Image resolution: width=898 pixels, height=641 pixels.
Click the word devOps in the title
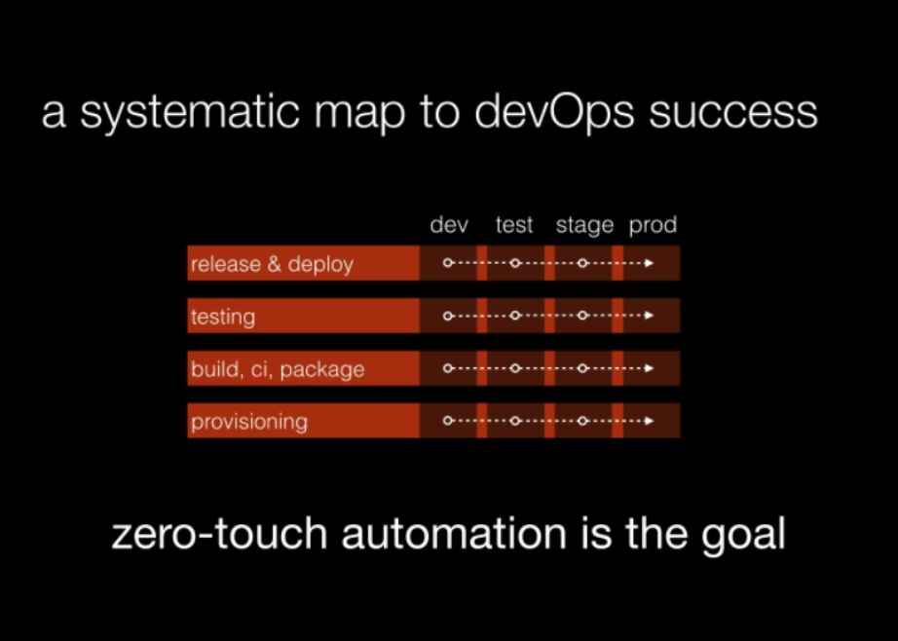[554, 112]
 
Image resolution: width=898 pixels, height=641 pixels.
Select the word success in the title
[733, 113]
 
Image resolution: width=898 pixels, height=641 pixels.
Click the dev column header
[449, 225]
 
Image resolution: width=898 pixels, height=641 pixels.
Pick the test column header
[514, 225]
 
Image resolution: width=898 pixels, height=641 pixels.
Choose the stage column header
[584, 226]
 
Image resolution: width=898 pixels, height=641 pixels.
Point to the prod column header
[653, 226]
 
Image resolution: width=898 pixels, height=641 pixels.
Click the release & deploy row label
[272, 265]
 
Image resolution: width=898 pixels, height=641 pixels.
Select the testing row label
[223, 318]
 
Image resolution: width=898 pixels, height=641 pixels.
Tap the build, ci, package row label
[278, 370]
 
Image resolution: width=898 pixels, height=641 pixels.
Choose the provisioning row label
[249, 423]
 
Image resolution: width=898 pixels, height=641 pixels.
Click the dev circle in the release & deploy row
[448, 263]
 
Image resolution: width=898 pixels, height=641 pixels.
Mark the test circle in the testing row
[515, 316]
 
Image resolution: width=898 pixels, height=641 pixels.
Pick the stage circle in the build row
[582, 368]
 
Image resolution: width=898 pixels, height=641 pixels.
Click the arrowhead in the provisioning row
[650, 421]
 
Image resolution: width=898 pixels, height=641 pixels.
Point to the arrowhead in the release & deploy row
[650, 263]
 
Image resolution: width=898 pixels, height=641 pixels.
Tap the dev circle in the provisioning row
[448, 421]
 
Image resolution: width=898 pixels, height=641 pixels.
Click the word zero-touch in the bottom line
[219, 534]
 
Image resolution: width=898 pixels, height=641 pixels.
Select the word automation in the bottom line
[454, 534]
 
